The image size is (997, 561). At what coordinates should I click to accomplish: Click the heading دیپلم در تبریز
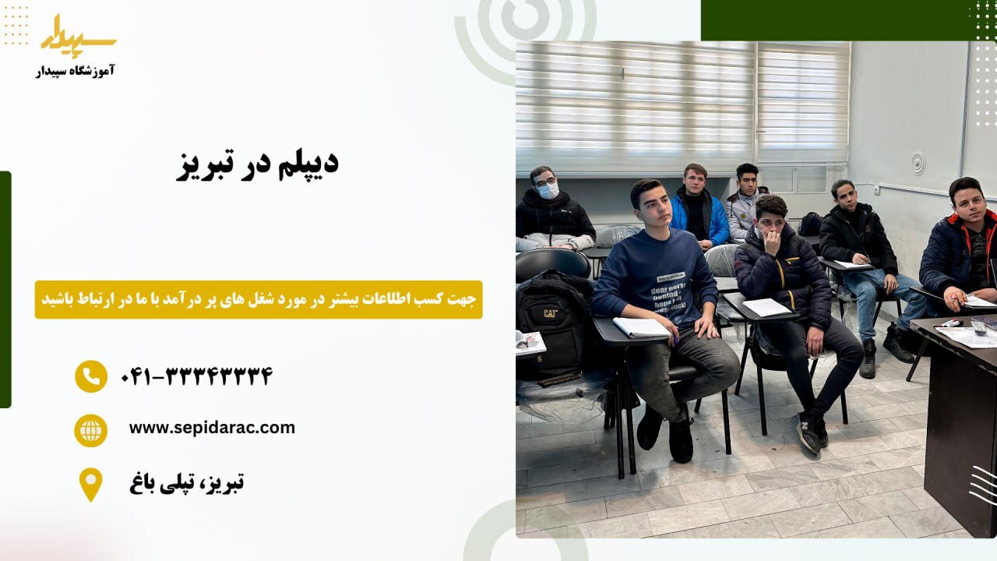click(257, 165)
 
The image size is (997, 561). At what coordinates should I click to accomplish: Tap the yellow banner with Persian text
click(259, 299)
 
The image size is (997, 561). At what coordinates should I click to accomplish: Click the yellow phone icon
click(91, 376)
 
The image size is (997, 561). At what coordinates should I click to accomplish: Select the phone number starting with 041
click(196, 377)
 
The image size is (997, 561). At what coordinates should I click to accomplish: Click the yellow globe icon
click(91, 430)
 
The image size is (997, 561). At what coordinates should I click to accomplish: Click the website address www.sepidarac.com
click(212, 428)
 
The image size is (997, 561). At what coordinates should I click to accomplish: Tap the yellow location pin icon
click(91, 484)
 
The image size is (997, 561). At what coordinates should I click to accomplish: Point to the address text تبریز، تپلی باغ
click(187, 483)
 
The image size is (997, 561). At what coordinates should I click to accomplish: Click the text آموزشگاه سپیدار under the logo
click(76, 71)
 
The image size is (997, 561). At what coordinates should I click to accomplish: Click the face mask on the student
click(549, 190)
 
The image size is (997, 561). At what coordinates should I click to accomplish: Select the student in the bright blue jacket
click(699, 207)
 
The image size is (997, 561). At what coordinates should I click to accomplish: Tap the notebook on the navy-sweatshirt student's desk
click(640, 327)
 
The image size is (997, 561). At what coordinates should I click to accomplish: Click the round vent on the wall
click(918, 163)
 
